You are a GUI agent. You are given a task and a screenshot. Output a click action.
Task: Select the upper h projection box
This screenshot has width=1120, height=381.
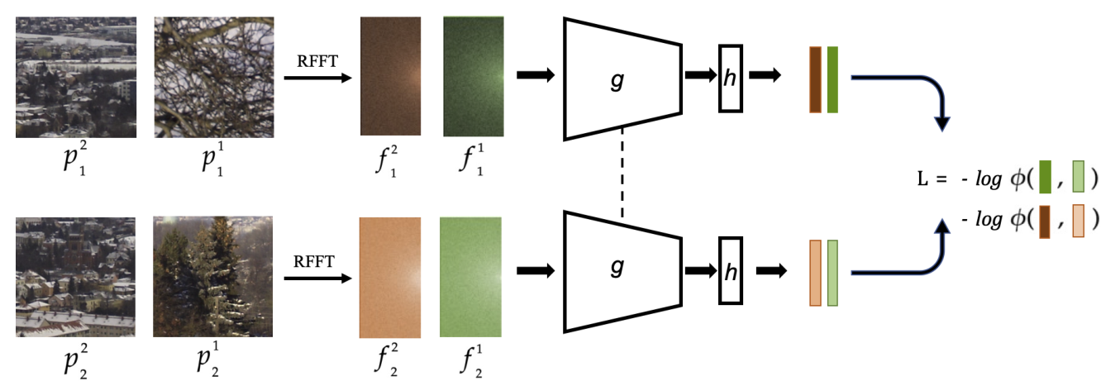coord(730,77)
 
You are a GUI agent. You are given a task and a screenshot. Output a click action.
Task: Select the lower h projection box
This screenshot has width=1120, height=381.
coord(730,269)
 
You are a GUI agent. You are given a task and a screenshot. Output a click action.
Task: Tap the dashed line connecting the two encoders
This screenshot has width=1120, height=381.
coord(622,174)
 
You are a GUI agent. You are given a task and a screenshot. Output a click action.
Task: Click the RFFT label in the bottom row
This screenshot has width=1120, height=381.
coord(314,262)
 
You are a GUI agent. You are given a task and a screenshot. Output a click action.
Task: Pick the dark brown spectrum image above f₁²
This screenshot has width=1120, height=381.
coord(391,77)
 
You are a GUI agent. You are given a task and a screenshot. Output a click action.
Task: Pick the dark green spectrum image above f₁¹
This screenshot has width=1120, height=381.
coord(472,77)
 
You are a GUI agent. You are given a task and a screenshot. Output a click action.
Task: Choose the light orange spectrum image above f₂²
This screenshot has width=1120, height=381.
coord(390,277)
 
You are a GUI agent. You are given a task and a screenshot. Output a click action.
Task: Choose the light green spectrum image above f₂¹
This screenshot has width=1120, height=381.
coord(471,277)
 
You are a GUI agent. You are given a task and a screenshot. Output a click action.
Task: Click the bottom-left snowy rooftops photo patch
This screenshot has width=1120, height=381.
coord(75,277)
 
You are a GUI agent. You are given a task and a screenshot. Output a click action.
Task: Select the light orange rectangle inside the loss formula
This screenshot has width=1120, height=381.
coord(1079,220)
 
